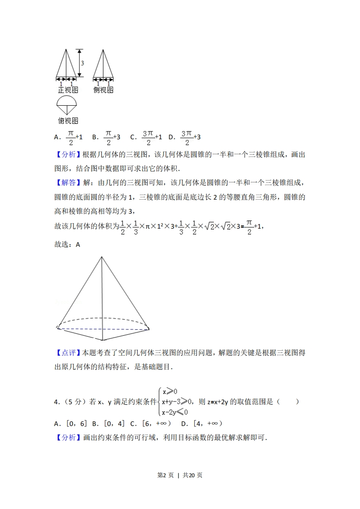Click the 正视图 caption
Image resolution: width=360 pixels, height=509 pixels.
[x=68, y=90]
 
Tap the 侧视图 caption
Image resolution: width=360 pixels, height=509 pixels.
[x=103, y=90]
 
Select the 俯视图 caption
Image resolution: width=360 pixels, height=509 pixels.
[x=68, y=121]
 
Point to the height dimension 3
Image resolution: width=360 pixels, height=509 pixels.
[x=82, y=63]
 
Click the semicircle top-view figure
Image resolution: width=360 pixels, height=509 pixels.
[x=68, y=105]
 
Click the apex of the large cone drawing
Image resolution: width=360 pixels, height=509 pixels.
[x=102, y=257]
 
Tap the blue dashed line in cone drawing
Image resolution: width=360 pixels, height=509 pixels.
[x=104, y=329]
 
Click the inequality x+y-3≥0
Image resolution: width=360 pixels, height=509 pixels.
[x=177, y=401]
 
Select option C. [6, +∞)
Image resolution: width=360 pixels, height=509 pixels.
[x=150, y=424]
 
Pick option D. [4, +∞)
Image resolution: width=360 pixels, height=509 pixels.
[x=201, y=424]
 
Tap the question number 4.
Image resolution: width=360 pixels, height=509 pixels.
[x=56, y=402]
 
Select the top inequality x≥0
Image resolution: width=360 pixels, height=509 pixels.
[x=170, y=391]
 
